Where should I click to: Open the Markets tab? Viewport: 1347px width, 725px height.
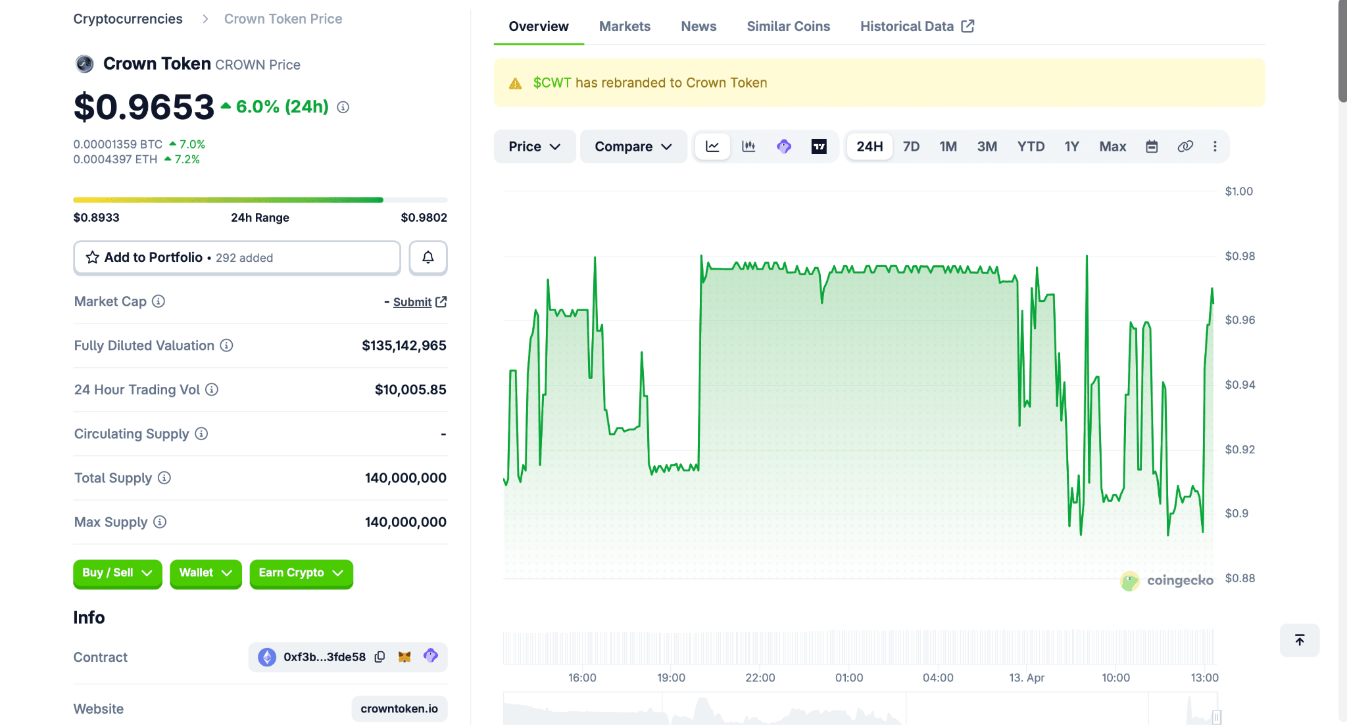[x=624, y=26]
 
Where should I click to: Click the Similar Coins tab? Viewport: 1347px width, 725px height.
[x=788, y=26]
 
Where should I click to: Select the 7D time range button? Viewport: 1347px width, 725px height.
[x=911, y=147]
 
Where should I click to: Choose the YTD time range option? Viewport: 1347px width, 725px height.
[x=1031, y=147]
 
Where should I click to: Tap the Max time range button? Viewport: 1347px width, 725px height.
[x=1112, y=147]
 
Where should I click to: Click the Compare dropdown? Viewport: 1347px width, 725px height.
[x=633, y=147]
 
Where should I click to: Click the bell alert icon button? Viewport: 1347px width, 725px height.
[x=428, y=257]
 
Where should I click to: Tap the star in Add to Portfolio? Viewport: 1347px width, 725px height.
[x=93, y=257]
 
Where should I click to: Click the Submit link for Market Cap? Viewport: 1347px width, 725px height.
[x=412, y=302]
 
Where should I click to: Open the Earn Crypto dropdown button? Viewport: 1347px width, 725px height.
[x=301, y=573]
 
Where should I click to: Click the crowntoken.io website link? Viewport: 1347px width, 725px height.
[x=399, y=709]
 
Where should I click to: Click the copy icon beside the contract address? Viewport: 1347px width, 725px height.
[x=380, y=657]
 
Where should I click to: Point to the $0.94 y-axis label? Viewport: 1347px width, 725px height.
[x=1240, y=385]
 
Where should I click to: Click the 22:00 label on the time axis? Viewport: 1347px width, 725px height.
[x=760, y=678]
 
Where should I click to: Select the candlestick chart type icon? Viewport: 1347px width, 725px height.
[x=748, y=147]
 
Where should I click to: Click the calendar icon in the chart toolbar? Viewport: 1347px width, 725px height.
[x=1152, y=147]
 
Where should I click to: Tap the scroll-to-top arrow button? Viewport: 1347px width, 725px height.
[x=1299, y=640]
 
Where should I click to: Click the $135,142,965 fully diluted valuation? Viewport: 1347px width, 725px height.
[x=404, y=345]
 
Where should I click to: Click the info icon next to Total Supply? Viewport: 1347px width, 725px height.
[x=164, y=478]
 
